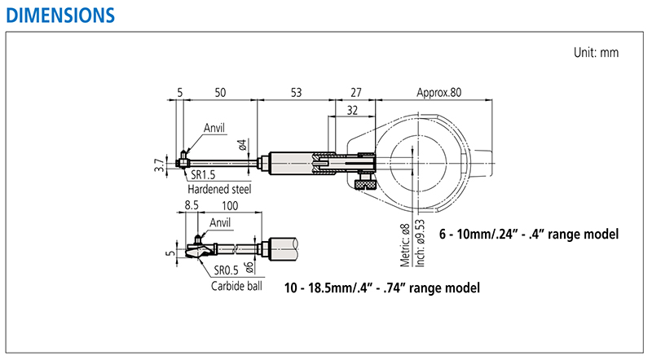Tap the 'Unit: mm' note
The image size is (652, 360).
[x=597, y=53]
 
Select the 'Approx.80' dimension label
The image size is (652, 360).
[x=438, y=93]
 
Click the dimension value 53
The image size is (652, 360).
[x=295, y=93]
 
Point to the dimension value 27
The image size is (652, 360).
[x=355, y=93]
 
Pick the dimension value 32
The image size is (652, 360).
[x=351, y=109]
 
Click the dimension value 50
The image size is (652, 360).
[x=220, y=93]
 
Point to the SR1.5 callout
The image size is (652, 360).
[x=204, y=174]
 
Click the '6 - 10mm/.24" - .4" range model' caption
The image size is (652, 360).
[x=528, y=234]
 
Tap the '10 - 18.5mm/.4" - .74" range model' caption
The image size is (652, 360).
[x=381, y=288]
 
